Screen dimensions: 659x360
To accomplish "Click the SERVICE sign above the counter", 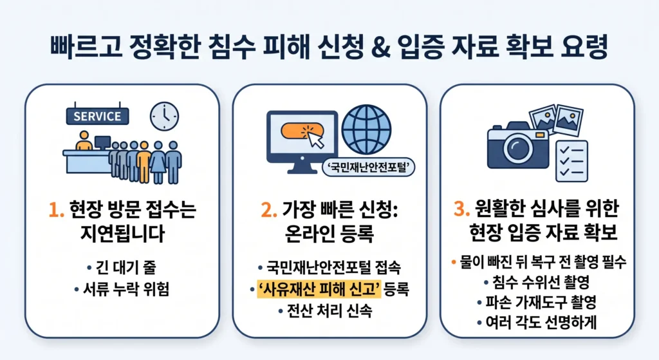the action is (x=98, y=116).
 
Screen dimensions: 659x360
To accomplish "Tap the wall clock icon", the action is (x=165, y=116).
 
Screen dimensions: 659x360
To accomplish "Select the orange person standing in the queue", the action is (x=144, y=162).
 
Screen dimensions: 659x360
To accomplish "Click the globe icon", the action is (x=366, y=129).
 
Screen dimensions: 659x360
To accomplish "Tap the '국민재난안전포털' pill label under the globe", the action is (x=368, y=167).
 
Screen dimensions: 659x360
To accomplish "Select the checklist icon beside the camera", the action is (x=571, y=161).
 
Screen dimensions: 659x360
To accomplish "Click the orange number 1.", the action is (x=56, y=210).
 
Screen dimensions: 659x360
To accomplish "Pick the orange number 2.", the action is (x=268, y=210).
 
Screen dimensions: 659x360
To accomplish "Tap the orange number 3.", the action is (x=461, y=209).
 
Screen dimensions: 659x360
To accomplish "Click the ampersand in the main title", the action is (x=380, y=46).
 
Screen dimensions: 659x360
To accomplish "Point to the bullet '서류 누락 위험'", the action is (x=126, y=289).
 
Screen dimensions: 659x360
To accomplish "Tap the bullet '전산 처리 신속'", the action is (x=329, y=311).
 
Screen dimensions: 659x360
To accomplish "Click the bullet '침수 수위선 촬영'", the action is (x=541, y=282).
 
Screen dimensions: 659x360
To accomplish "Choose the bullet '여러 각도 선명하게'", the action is (x=541, y=323).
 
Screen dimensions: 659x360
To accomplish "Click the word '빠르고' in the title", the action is (x=87, y=46).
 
